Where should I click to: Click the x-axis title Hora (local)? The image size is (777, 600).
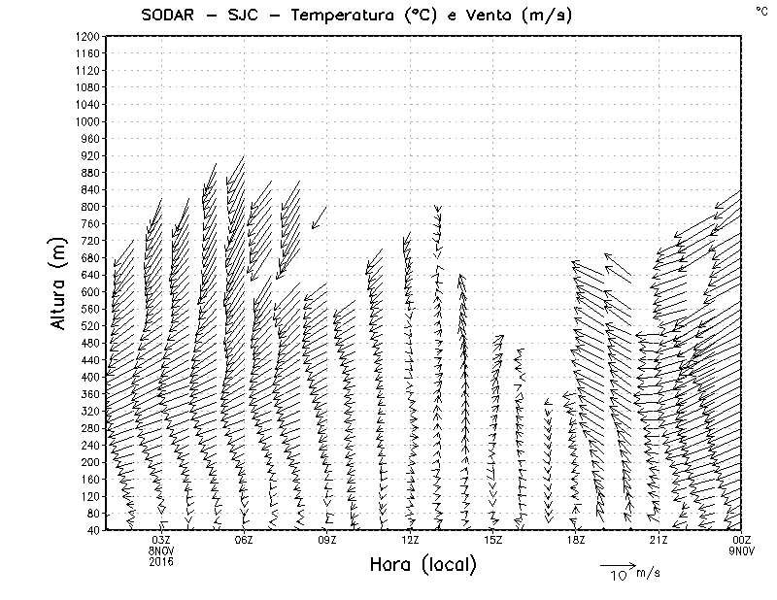[x=421, y=565]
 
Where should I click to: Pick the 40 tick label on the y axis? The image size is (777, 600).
[x=93, y=530]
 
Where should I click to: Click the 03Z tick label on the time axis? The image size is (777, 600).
[x=161, y=540]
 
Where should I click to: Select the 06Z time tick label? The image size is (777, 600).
[x=244, y=540]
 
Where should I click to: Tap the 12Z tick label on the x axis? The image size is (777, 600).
[x=410, y=540]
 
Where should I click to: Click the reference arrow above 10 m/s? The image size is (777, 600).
[x=616, y=564]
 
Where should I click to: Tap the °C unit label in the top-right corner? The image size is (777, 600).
[x=760, y=10]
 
